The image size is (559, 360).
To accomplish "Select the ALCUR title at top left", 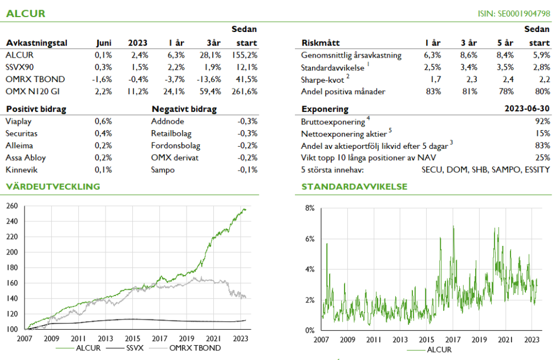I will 26,13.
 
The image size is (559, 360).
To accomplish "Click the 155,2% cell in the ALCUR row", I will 246,55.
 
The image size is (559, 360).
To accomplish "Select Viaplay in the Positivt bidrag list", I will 18,121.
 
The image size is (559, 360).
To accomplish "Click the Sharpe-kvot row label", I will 325,79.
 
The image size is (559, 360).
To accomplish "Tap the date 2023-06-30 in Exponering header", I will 528,109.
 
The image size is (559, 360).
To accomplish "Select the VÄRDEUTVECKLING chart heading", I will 52,187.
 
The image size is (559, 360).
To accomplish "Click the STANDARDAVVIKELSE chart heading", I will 354,187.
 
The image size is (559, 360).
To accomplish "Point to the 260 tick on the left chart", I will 12,206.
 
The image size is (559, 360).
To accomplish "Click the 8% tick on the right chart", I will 310,208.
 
